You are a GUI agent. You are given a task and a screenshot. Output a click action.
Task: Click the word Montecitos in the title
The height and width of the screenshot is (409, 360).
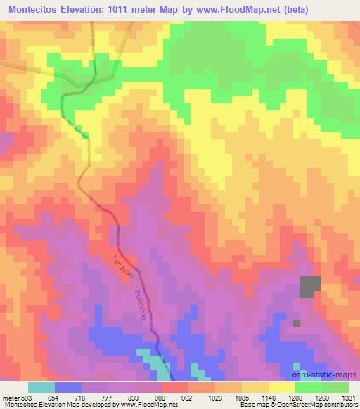point(32,8)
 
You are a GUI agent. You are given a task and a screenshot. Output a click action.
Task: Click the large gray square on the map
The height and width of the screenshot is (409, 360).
point(310,286)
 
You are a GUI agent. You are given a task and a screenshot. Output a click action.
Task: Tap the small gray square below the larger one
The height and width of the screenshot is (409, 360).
point(297,323)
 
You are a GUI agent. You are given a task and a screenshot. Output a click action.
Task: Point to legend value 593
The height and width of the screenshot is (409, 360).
point(24,397)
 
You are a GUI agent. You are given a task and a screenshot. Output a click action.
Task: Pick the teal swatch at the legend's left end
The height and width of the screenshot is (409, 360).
point(41,387)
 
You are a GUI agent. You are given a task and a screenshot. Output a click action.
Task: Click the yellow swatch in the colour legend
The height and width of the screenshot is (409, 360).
point(282,387)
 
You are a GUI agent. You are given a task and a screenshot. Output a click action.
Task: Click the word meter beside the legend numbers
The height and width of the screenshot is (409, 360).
point(8,397)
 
